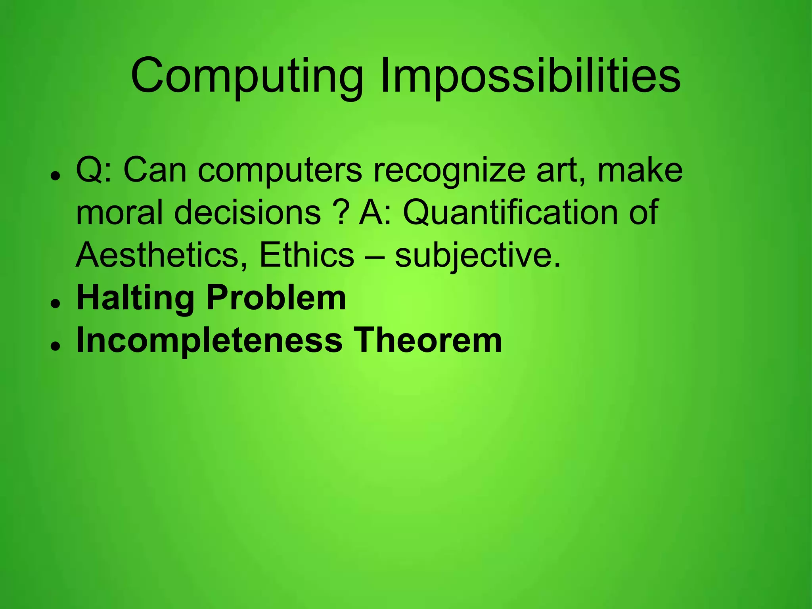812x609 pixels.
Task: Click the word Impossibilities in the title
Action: click(x=530, y=76)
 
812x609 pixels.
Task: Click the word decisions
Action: click(x=247, y=213)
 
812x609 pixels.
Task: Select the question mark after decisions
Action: click(x=341, y=213)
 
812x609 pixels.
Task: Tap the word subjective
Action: click(x=477, y=256)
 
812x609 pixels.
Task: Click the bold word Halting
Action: click(x=135, y=298)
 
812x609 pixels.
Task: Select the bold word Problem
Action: click(x=276, y=298)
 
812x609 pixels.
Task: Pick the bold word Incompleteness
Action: click(x=209, y=340)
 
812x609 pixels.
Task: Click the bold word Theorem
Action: click(x=428, y=340)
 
